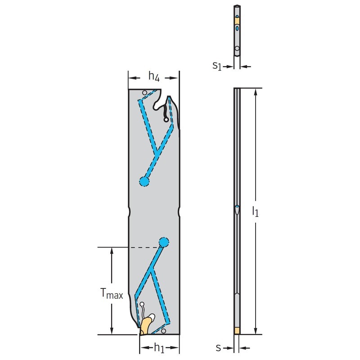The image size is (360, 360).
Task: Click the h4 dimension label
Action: [154, 77]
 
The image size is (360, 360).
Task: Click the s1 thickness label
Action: [217, 66]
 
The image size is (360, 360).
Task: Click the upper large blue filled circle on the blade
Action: [144, 181]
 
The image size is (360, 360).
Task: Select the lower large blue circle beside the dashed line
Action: [164, 243]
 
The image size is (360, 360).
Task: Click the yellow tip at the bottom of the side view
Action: [237, 331]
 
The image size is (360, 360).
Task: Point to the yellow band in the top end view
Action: [237, 21]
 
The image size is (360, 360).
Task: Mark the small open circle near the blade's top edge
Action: [144, 93]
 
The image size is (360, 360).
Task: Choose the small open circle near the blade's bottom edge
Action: [163, 331]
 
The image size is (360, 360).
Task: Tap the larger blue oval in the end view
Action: [237, 28]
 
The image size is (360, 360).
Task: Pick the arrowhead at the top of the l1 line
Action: [256, 91]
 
